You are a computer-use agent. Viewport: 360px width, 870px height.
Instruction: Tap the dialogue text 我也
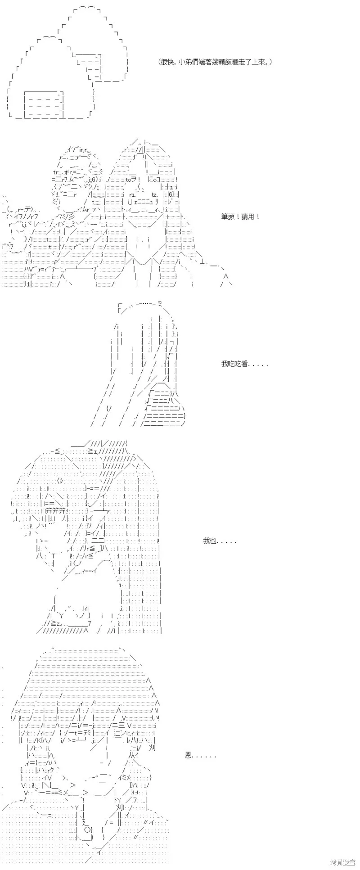click(x=210, y=541)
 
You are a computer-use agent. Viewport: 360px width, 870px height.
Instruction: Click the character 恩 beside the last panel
click(x=189, y=755)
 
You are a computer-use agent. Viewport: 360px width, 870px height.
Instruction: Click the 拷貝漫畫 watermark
click(x=343, y=862)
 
